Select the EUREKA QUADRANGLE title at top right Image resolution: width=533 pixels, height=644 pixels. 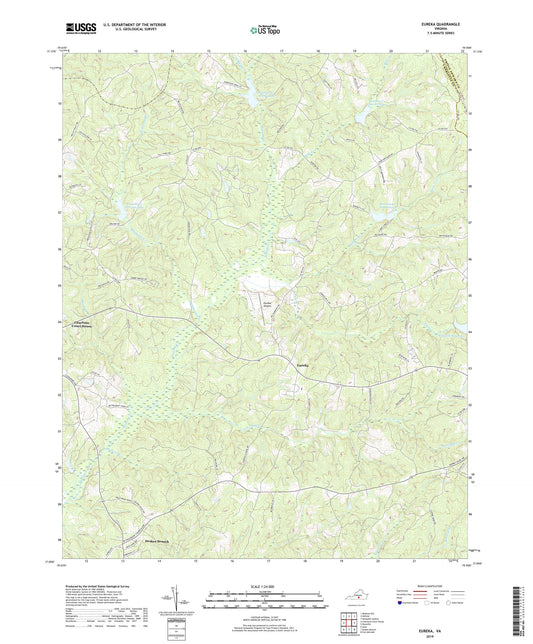(445, 27)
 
